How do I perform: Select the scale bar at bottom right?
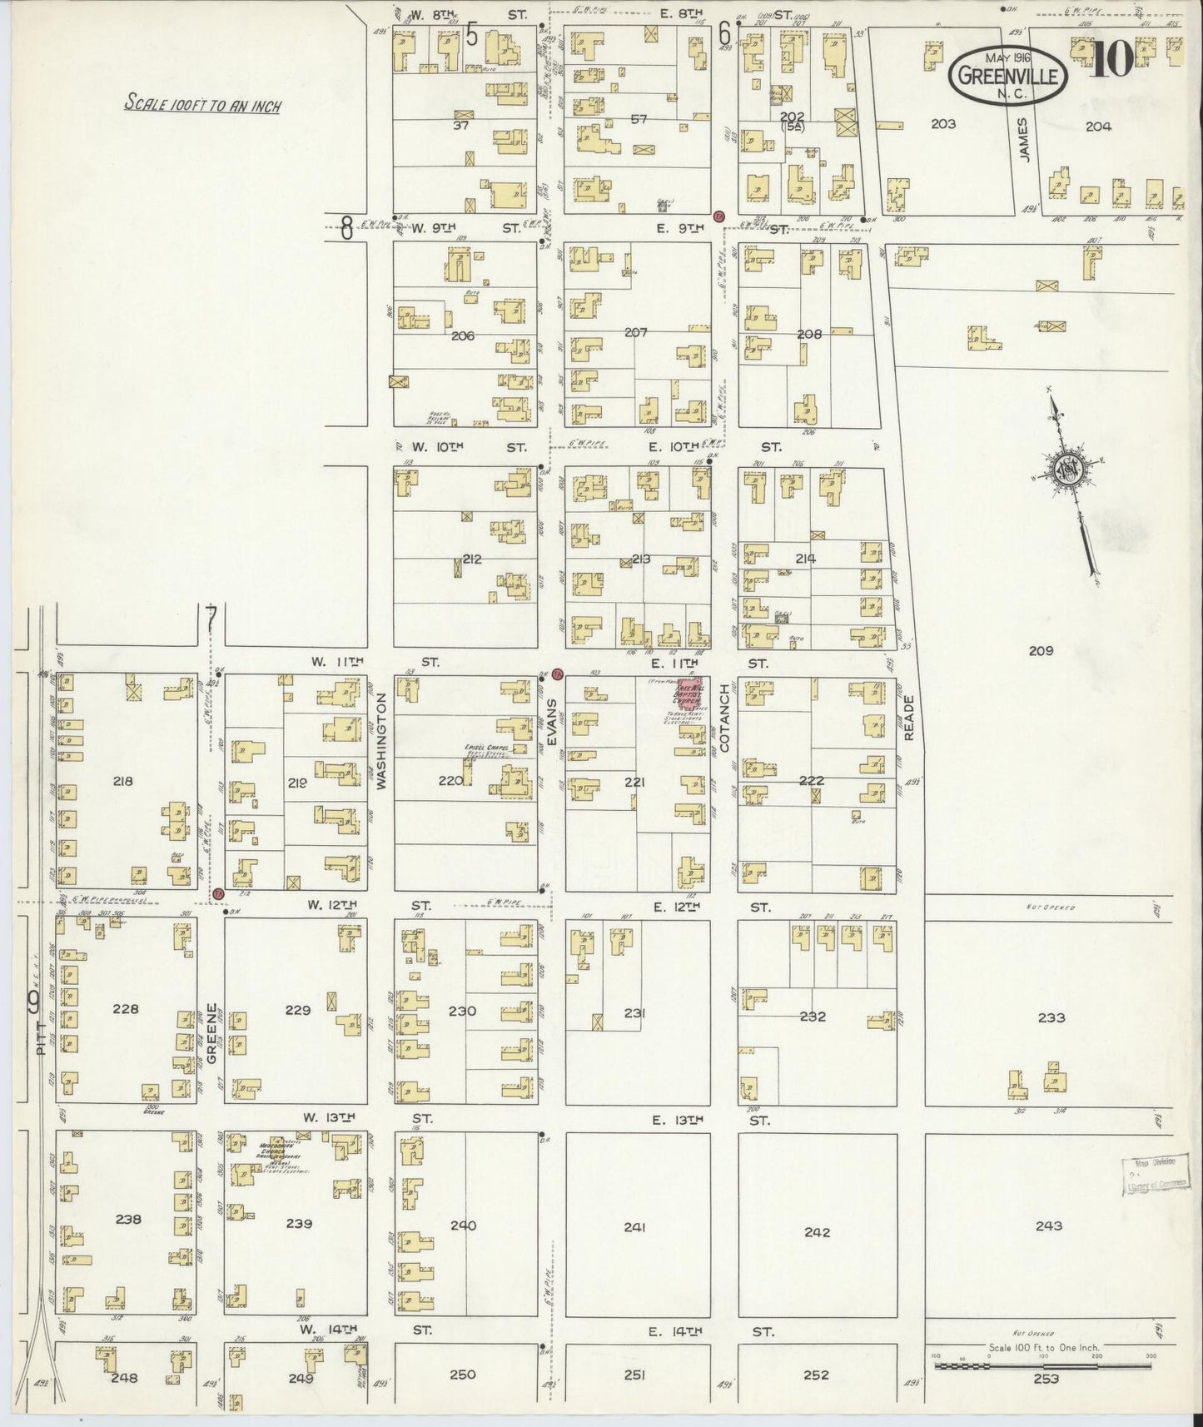[1044, 1365]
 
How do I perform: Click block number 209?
[1041, 650]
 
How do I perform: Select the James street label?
[1023, 140]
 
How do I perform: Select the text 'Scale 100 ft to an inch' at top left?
[202, 105]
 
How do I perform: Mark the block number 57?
[639, 119]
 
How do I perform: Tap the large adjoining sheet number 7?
[211, 618]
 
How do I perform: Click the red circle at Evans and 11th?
[558, 673]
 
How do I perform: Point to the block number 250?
[462, 1375]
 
